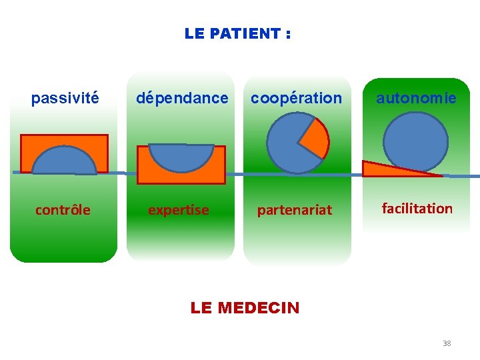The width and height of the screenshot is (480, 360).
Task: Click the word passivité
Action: tap(65, 99)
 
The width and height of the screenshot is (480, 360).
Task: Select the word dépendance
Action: tap(182, 99)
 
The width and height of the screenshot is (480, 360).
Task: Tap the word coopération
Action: tap(296, 99)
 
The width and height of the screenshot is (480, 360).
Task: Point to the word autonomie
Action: tap(416, 99)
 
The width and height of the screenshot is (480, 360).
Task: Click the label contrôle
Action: tap(63, 210)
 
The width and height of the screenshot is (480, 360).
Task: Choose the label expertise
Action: tap(178, 210)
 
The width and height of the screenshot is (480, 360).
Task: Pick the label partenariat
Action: tap(295, 210)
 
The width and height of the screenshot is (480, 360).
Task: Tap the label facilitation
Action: tap(417, 208)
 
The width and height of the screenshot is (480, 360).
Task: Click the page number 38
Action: tap(447, 343)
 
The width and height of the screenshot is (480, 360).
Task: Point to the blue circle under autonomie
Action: tap(416, 141)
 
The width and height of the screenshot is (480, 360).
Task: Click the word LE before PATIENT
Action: tap(194, 33)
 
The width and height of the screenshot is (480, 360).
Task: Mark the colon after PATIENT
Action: tap(287, 34)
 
